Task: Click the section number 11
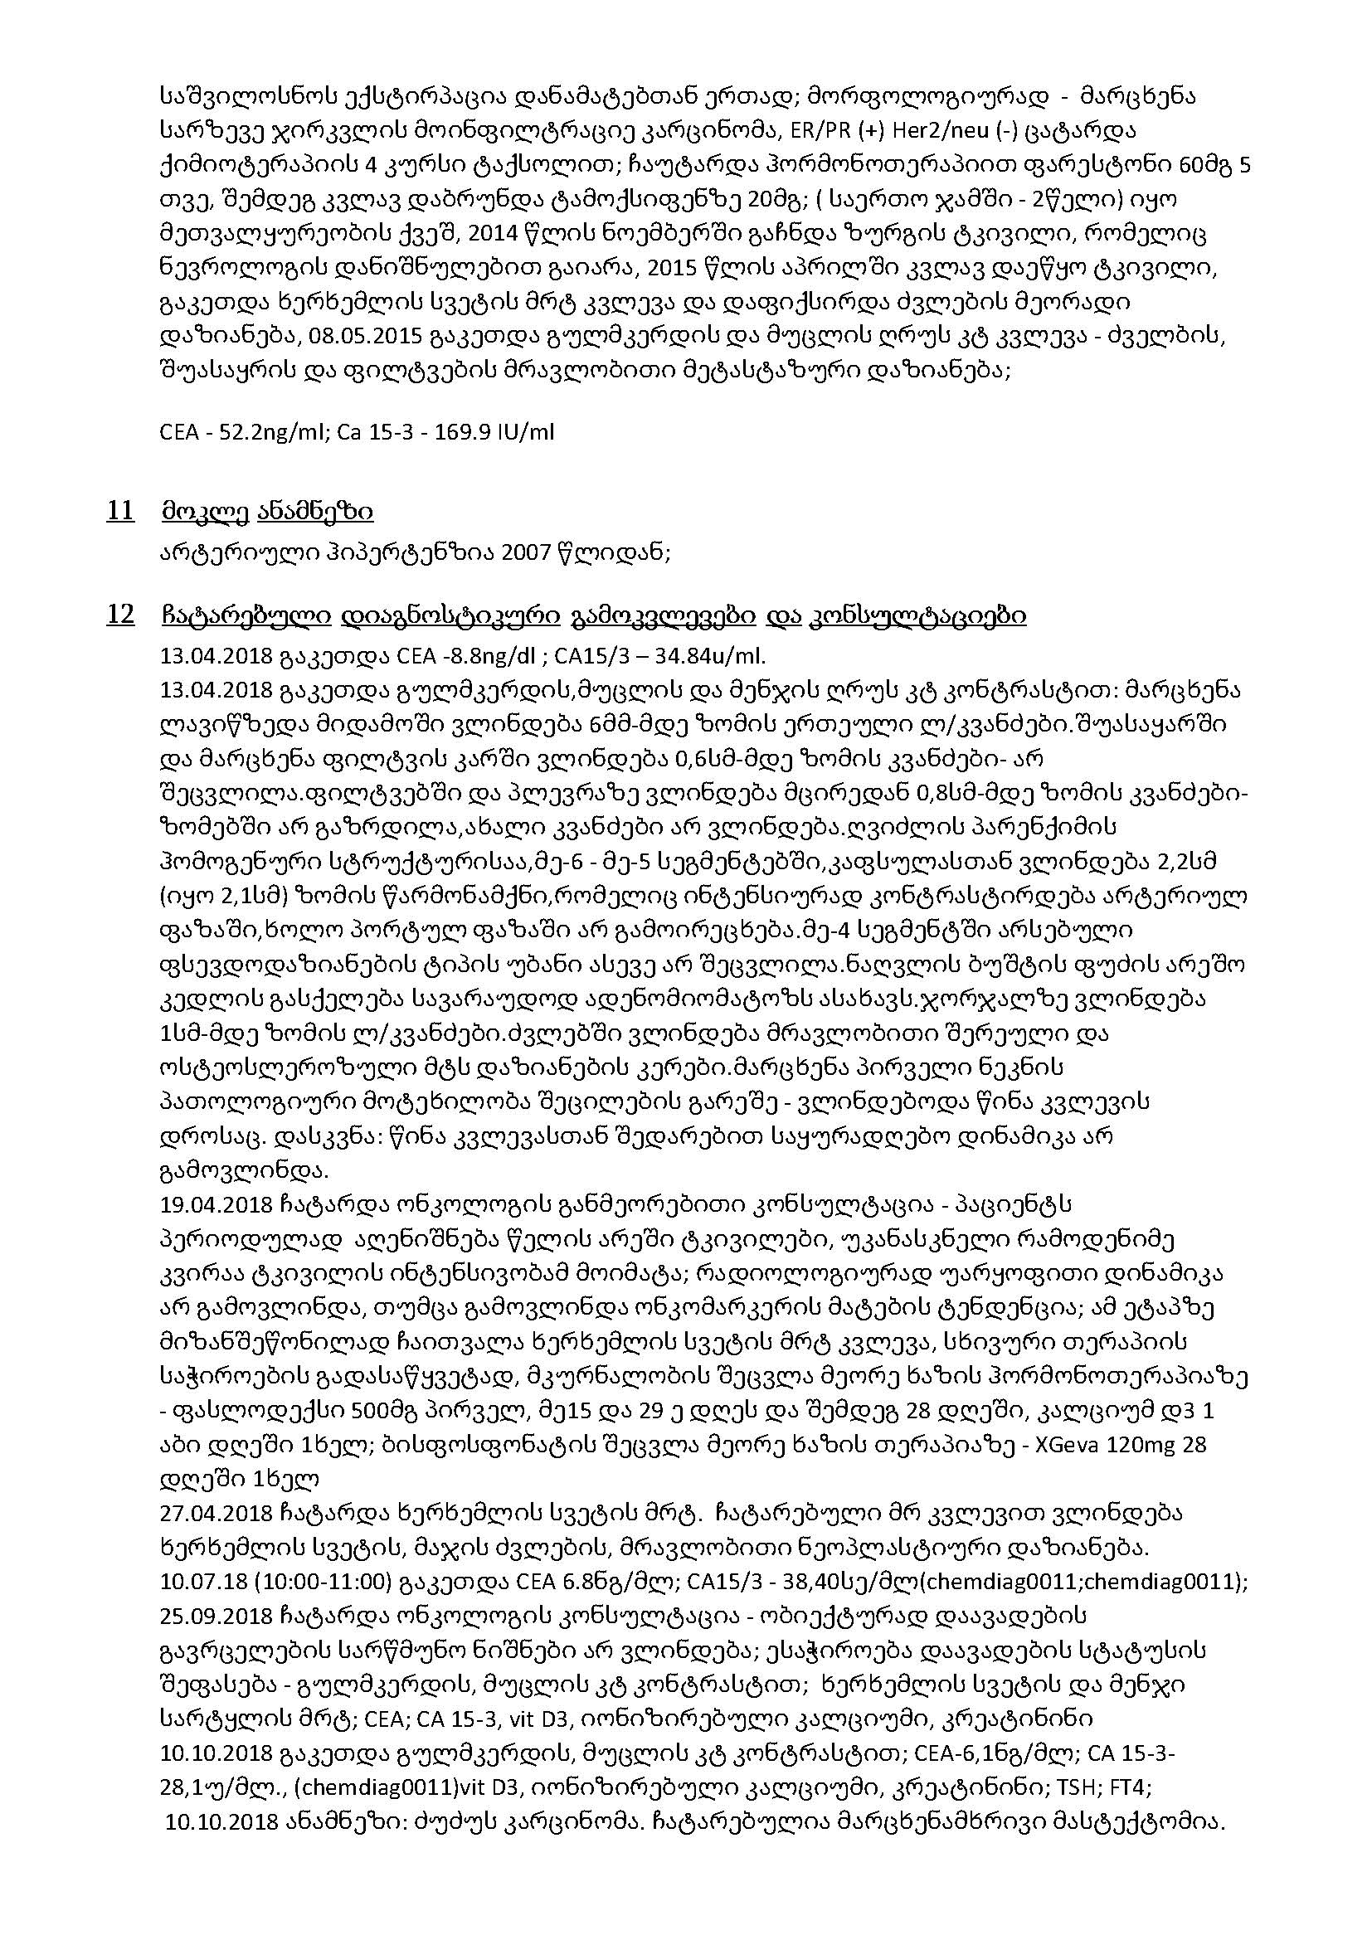pyautogui.click(x=120, y=511)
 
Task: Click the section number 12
pyautogui.click(x=120, y=615)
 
